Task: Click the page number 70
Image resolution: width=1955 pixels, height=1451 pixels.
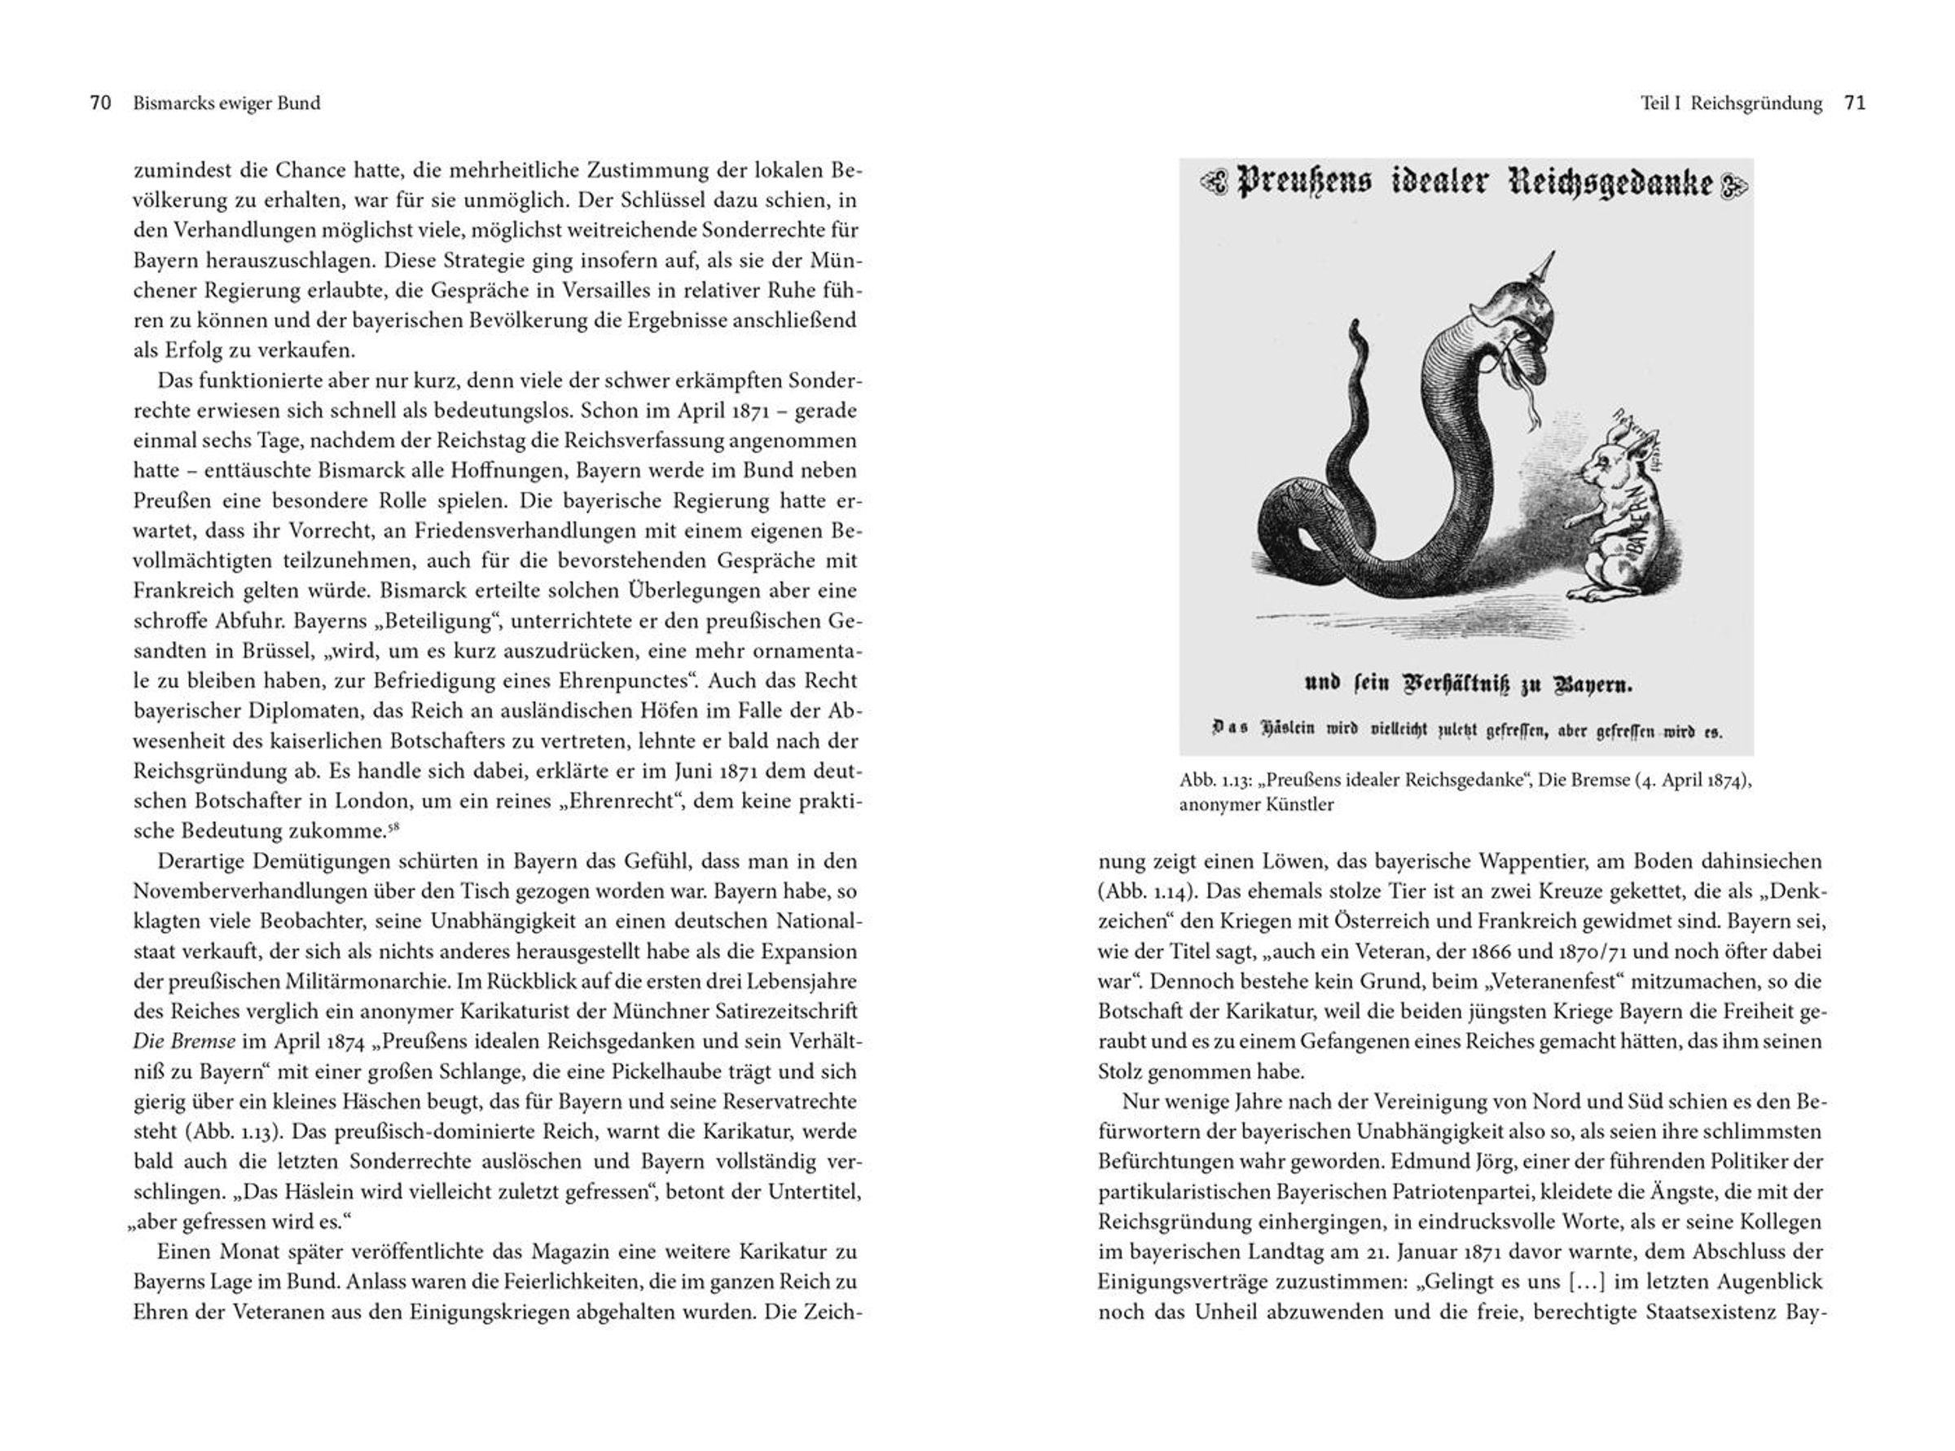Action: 100,103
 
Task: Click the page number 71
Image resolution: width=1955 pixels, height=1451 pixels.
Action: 1855,103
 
